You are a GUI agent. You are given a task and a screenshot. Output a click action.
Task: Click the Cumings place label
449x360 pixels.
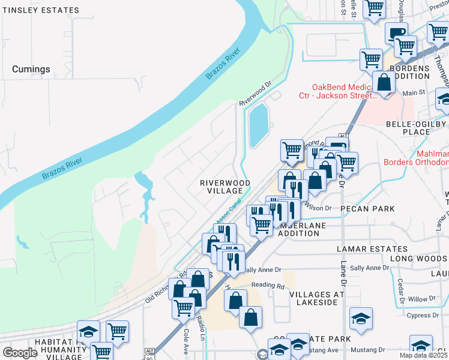[31, 70]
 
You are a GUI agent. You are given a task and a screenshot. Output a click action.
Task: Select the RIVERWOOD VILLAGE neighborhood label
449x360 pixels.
[224, 186]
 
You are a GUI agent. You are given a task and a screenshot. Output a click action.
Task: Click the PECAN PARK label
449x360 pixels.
[367, 209]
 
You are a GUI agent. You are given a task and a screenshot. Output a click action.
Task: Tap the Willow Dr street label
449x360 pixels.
[421, 299]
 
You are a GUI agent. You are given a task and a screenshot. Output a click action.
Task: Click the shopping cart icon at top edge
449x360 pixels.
[374, 8]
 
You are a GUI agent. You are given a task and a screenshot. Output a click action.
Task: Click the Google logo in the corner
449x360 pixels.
[20, 353]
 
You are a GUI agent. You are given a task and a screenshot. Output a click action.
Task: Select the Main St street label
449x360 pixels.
[413, 93]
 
